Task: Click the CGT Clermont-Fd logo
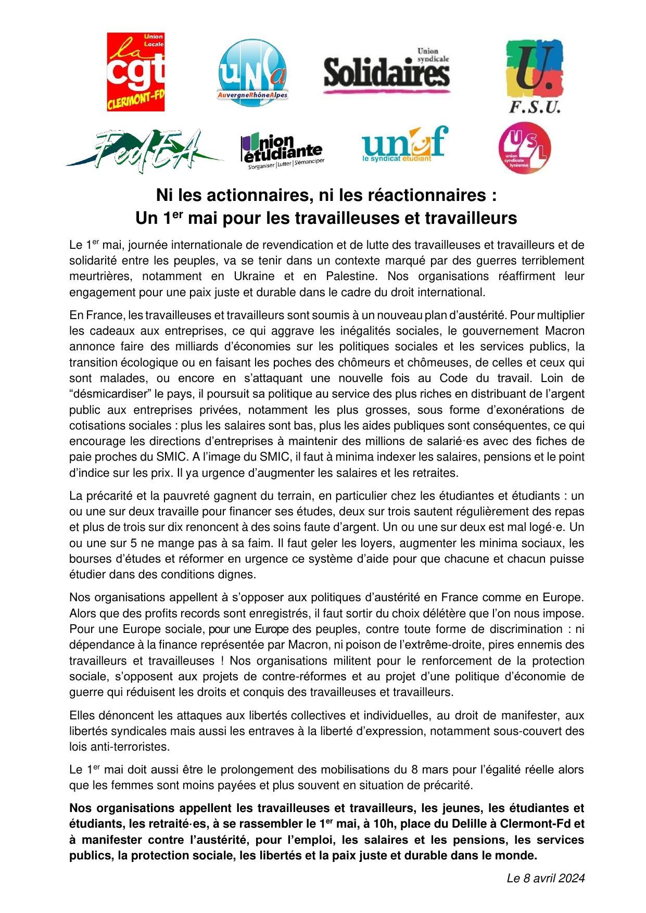136,72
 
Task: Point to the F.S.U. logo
534,76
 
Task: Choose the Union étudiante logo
281,150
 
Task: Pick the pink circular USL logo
525,148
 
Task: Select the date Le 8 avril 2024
546,878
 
